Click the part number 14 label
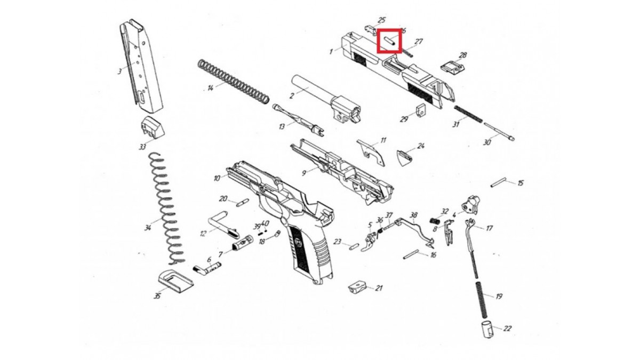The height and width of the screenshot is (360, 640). tap(210, 87)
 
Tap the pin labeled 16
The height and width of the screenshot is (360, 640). tap(413, 253)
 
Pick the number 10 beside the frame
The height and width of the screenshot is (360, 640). tap(217, 178)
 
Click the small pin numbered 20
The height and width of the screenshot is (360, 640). tap(240, 202)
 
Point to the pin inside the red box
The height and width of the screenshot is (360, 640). tap(389, 41)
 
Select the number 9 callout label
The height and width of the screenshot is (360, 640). tap(303, 173)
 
